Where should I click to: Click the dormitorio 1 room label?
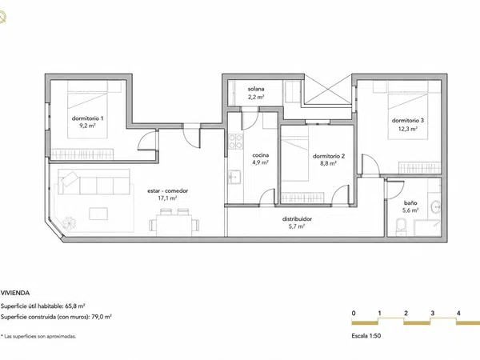[87, 118]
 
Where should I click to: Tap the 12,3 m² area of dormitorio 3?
[407, 129]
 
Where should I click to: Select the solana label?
[256, 89]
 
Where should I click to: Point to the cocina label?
[261, 155]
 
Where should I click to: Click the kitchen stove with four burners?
[235, 142]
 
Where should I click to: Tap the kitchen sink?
[234, 177]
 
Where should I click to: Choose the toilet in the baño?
[401, 227]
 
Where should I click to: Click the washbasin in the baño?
[436, 207]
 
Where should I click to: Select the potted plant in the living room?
[69, 222]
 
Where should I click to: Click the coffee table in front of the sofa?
[98, 214]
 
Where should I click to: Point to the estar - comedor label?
[167, 190]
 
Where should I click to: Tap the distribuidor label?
[297, 219]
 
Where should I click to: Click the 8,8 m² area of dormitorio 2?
[329, 163]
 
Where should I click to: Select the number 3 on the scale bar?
[432, 313]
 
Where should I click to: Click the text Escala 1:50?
[366, 336]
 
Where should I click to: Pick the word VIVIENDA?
[15, 293]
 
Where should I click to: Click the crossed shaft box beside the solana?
[328, 90]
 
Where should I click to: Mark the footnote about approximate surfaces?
[38, 337]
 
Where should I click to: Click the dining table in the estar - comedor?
[174, 225]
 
